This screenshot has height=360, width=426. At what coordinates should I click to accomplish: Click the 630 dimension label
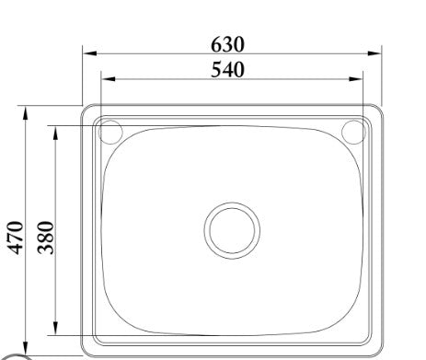pyautogui.click(x=227, y=44)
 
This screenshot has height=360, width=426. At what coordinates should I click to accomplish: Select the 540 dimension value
pyautogui.click(x=227, y=70)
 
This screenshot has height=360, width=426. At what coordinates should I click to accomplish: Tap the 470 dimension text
pyautogui.click(x=16, y=238)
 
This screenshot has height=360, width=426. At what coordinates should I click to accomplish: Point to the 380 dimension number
pyautogui.click(x=45, y=238)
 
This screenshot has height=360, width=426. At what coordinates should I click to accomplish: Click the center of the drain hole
pyautogui.click(x=232, y=230)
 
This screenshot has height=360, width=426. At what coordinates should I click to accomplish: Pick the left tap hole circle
pyautogui.click(x=110, y=133)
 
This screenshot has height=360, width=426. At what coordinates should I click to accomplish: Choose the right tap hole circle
pyautogui.click(x=353, y=133)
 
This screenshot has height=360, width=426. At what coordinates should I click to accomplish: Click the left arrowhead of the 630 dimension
pyautogui.click(x=90, y=53)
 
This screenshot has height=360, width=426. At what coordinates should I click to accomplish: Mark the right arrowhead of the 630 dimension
pyautogui.click(x=374, y=53)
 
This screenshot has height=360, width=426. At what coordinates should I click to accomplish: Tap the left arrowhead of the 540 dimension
pyautogui.click(x=109, y=79)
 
